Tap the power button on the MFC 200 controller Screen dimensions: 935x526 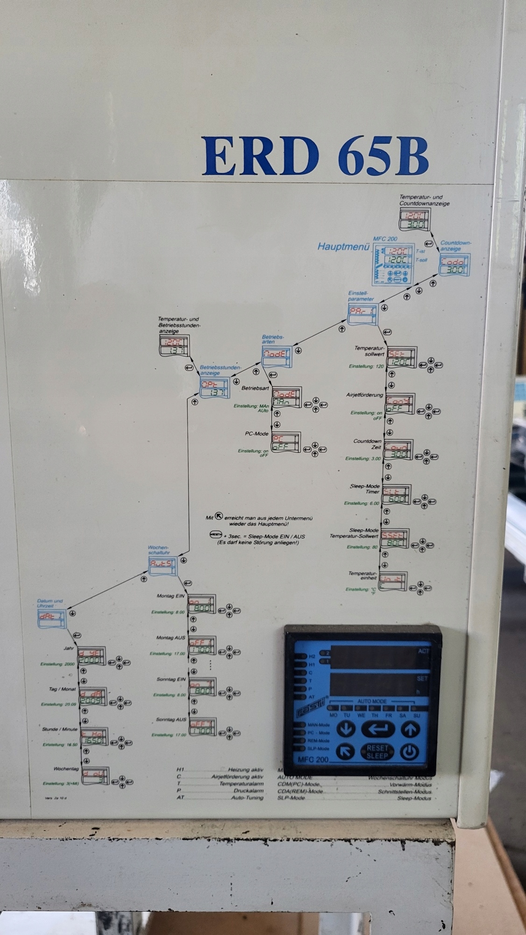pos(409,752)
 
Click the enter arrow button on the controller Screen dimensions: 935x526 pos(377,728)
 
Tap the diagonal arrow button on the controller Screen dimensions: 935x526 pos(345,752)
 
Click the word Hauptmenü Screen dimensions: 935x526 pos(343,246)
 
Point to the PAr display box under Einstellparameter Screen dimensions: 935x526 pos(363,314)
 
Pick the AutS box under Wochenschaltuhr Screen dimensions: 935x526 pos(162,567)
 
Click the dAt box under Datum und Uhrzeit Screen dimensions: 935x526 pos(52,619)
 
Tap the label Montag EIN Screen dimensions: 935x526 pos(171,596)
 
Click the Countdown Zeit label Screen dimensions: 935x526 pos(368,444)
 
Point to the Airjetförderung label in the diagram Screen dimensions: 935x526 pos(364,395)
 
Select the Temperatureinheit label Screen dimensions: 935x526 pos(363,576)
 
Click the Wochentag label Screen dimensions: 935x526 pos(66,769)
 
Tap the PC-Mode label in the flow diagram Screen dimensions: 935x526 pos(256,434)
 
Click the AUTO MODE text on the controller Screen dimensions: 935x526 pos(372,702)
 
